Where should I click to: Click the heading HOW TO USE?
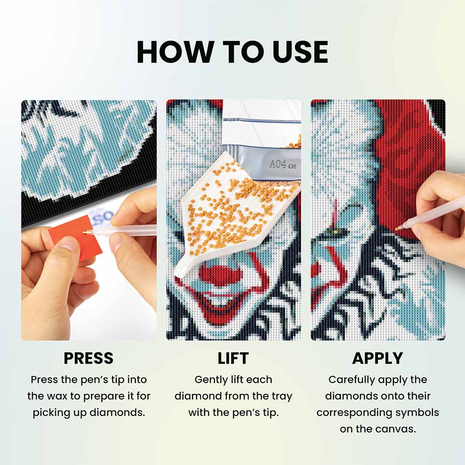(232, 52)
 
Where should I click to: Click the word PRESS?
(88, 358)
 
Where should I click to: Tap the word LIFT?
(233, 358)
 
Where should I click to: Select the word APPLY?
(378, 358)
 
